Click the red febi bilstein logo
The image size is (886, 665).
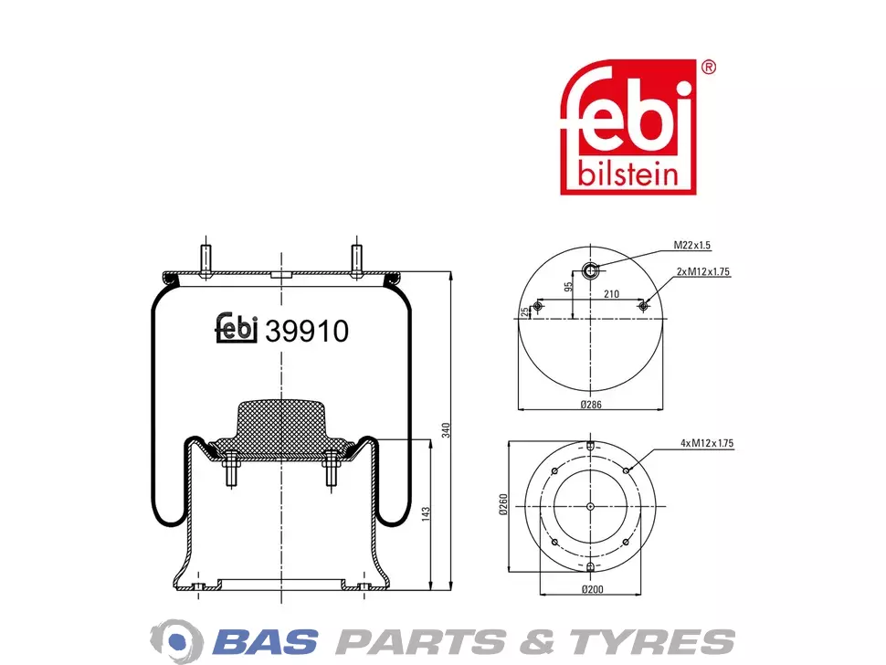tap(628, 127)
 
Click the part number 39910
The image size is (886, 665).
tap(307, 331)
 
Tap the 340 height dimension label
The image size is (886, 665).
tap(445, 430)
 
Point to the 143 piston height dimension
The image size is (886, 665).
tap(426, 514)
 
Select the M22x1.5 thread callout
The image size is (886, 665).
tap(691, 245)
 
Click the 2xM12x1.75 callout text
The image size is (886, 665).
tap(703, 272)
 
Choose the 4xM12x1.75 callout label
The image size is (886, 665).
tap(707, 444)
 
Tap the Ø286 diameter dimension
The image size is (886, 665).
tap(591, 405)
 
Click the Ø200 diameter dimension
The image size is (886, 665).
tap(592, 589)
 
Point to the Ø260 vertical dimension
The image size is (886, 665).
tap(503, 504)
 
